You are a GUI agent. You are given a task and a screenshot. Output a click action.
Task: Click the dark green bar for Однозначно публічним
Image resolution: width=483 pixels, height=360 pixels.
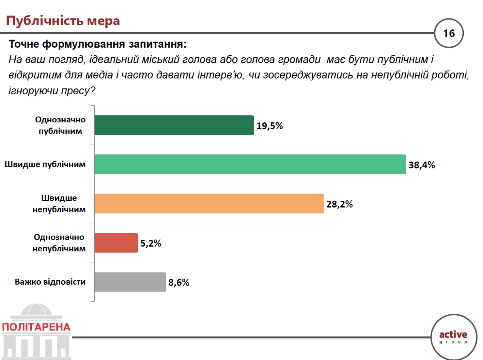tap(174, 125)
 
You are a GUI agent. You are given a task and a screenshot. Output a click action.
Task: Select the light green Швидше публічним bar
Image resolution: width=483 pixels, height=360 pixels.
tap(250, 164)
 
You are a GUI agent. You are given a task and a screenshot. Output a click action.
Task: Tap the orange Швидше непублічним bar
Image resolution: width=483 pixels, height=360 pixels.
tap(209, 204)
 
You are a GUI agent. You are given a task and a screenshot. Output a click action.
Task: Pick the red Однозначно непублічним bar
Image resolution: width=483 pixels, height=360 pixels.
tap(116, 243)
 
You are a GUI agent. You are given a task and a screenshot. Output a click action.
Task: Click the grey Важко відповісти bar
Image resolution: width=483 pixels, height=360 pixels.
tap(130, 282)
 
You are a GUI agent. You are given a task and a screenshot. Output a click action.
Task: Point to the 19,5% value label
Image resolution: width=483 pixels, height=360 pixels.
tap(270, 126)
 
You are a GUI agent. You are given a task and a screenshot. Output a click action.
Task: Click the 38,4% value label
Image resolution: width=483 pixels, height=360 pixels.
tap(422, 165)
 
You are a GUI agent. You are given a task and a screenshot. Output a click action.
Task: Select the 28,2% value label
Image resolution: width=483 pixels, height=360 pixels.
tap(339, 204)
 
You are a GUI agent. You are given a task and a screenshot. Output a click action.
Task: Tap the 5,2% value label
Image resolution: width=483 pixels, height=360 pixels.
tap(151, 243)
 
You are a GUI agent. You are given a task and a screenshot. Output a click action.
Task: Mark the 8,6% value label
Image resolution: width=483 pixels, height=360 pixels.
tap(179, 283)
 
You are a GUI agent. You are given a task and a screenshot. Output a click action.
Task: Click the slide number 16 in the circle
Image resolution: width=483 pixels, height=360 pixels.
tap(449, 33)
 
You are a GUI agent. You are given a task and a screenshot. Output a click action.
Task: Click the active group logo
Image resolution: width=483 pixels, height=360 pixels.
tap(453, 337)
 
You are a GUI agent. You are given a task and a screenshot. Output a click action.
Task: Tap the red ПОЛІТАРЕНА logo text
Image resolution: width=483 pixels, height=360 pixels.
tap(36, 327)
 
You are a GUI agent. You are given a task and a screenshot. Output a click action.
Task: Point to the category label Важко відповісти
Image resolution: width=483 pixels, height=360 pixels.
tap(50, 282)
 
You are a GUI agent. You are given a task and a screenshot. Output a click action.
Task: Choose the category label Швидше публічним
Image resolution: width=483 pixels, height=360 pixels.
tap(45, 164)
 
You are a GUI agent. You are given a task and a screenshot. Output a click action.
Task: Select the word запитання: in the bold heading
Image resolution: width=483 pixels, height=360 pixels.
tap(158, 44)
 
